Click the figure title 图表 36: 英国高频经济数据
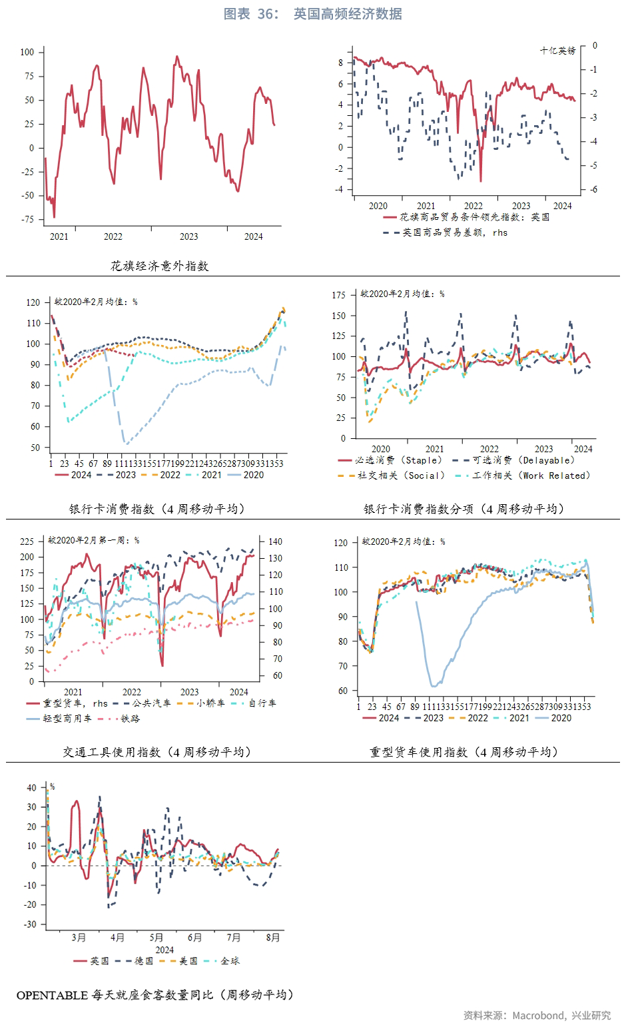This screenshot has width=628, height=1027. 312,14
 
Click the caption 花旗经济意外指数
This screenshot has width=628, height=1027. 160,266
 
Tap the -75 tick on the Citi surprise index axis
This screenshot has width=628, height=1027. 27,219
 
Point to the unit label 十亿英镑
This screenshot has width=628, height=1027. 557,51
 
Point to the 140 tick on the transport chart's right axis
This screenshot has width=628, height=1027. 275,541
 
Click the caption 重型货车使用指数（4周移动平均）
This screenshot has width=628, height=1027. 464,752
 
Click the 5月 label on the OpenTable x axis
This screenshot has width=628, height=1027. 157,938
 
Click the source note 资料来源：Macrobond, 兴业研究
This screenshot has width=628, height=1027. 537,1015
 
